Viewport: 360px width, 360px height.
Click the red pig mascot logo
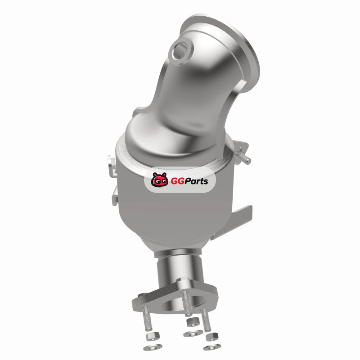coord(160,180)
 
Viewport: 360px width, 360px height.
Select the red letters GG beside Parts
coord(176,181)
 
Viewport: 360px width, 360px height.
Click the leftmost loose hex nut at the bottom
coord(152,337)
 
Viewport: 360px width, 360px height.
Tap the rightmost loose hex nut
coord(212,337)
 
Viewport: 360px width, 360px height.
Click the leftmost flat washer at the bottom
coord(153,347)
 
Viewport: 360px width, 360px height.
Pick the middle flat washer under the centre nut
coord(193,333)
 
